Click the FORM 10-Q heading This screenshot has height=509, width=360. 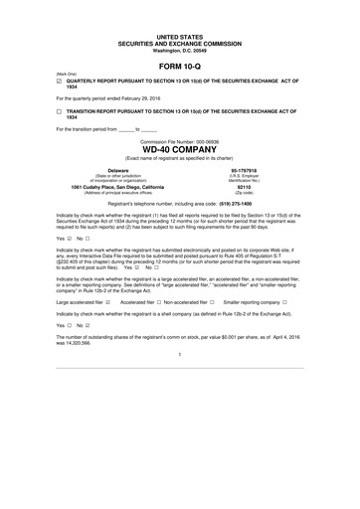(x=180, y=66)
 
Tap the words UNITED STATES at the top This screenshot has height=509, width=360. (x=180, y=36)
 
